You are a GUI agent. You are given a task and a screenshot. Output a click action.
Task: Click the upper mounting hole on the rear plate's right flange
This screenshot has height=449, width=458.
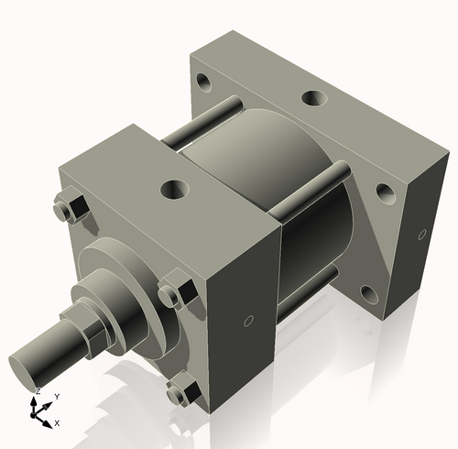tap(384, 192)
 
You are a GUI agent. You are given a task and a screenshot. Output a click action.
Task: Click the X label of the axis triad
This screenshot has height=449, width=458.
tap(57, 423)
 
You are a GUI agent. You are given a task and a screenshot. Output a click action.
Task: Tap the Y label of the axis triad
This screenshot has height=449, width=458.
tap(57, 396)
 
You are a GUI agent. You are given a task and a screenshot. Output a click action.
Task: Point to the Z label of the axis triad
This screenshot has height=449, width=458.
tap(37, 391)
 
